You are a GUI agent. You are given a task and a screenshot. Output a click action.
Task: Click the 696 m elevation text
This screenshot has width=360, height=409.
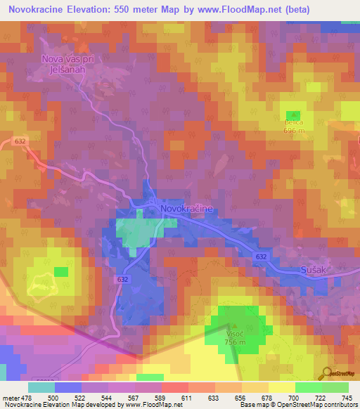click(293, 131)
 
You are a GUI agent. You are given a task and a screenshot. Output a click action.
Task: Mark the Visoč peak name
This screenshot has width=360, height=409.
click(235, 335)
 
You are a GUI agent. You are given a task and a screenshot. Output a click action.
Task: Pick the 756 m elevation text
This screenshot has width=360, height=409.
click(235, 343)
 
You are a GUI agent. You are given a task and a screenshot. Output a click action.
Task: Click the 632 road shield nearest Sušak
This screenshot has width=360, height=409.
click(261, 257)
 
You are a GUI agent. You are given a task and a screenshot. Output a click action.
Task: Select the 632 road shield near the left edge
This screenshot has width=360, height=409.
click(20, 141)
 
